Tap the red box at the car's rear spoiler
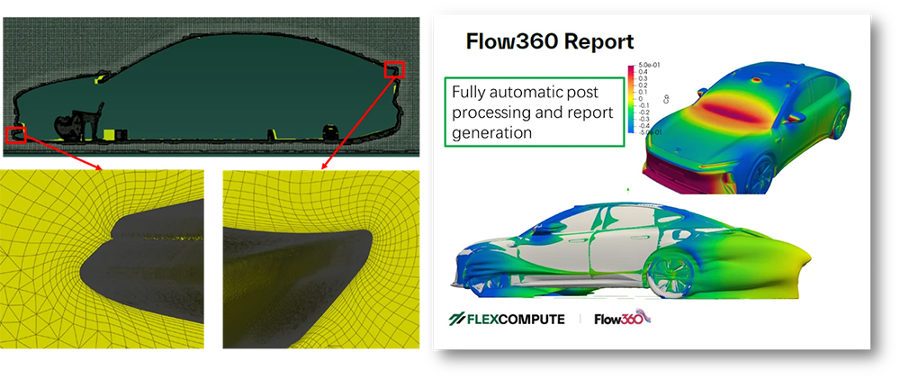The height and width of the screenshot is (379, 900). pos(396,69)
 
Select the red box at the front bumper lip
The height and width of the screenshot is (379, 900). pos(15,135)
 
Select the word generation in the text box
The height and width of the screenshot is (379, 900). pos(491,131)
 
